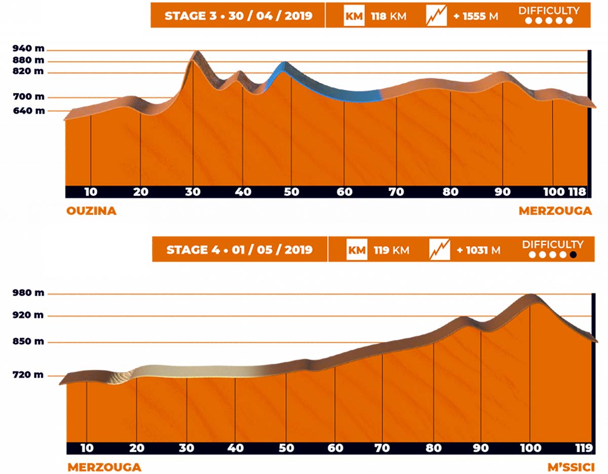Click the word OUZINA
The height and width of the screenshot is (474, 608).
(x=91, y=211)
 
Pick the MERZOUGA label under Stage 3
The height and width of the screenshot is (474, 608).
(x=555, y=211)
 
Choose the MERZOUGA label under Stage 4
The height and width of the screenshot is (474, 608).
(x=104, y=467)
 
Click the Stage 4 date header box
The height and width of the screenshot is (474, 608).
(x=239, y=250)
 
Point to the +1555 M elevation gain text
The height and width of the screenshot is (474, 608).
(x=476, y=16)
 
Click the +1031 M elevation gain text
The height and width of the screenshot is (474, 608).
(x=477, y=250)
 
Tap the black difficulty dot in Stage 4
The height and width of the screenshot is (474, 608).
(x=573, y=255)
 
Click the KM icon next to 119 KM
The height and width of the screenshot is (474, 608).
(x=357, y=250)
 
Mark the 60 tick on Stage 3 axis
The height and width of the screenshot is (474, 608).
(x=345, y=192)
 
